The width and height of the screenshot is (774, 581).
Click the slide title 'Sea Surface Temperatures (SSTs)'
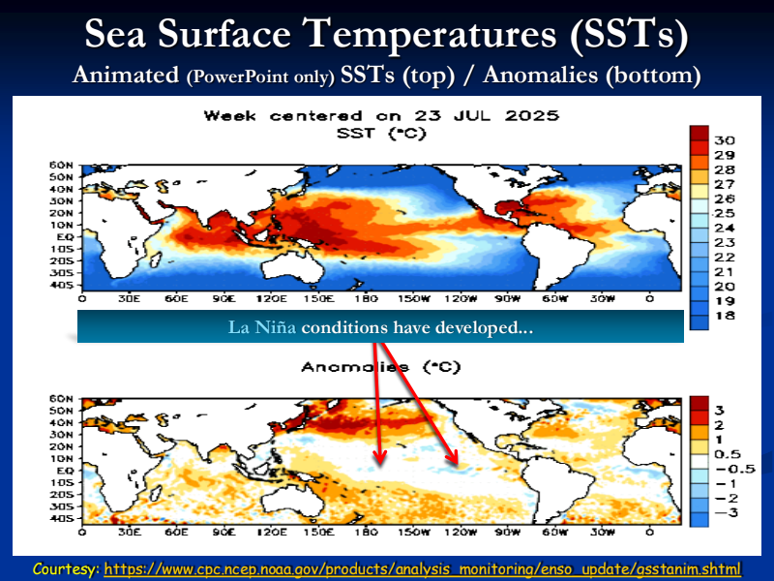pyautogui.click(x=387, y=36)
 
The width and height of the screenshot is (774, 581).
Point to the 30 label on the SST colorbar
pyautogui.click(x=725, y=140)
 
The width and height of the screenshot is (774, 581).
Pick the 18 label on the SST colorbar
pyautogui.click(x=725, y=316)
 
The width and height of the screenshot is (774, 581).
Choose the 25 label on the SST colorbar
pyautogui.click(x=725, y=213)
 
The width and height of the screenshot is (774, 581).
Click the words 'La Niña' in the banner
pyautogui.click(x=262, y=328)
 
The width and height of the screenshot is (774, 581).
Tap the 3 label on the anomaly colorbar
pyautogui.click(x=720, y=410)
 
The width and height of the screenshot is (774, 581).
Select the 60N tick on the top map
pyautogui.click(x=62, y=166)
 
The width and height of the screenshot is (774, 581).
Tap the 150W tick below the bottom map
pyautogui.click(x=413, y=532)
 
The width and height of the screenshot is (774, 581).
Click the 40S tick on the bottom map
pyautogui.click(x=62, y=518)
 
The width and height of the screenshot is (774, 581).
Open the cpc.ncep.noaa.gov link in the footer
pyautogui.click(x=422, y=567)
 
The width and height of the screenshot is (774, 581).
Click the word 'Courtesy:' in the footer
pyautogui.click(x=65, y=567)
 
